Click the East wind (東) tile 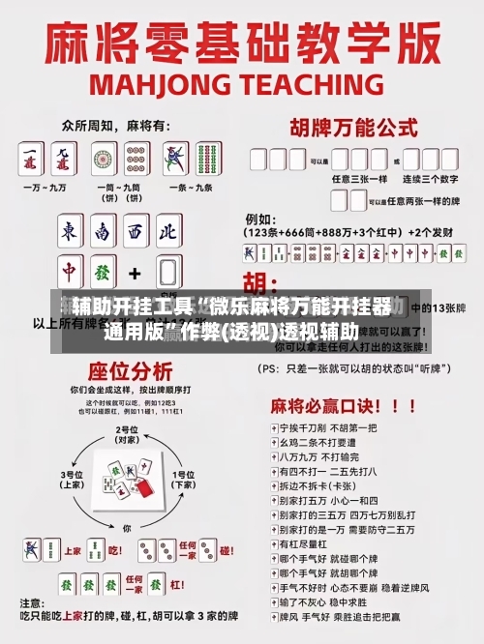[x=69, y=233]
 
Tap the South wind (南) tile [x=102, y=233]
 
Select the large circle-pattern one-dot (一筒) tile [x=105, y=159]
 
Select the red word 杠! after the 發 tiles [x=225, y=550]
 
